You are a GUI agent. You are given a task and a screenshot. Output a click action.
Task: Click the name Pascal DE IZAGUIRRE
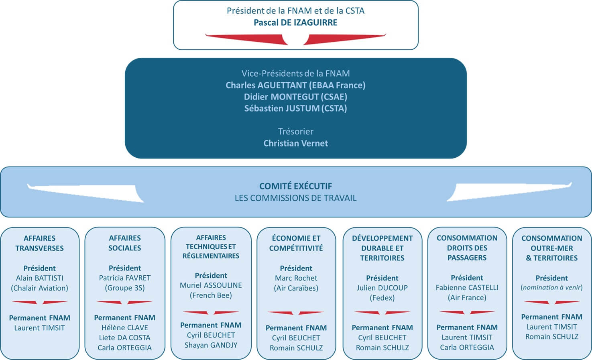pyautogui.click(x=295, y=22)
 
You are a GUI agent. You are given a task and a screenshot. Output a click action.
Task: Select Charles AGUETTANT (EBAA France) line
pyautogui.click(x=295, y=85)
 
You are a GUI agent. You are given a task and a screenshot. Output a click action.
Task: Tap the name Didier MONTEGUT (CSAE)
pyautogui.click(x=295, y=97)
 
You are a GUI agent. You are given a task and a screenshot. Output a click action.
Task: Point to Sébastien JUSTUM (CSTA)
pyautogui.click(x=295, y=108)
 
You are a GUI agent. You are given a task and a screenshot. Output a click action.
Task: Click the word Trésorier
pyautogui.click(x=295, y=131)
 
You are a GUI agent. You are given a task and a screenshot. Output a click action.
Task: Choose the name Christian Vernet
pyautogui.click(x=295, y=143)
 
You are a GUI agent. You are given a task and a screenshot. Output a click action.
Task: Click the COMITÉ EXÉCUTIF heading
pyautogui.click(x=295, y=186)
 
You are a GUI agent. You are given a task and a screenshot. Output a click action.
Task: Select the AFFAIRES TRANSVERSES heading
pyautogui.click(x=39, y=243)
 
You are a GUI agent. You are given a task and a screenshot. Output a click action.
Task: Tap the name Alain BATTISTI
pyautogui.click(x=39, y=278)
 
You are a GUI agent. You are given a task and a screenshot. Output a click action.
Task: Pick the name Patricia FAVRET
pyautogui.click(x=125, y=278)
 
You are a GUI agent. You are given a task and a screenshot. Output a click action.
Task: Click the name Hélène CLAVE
pyautogui.click(x=125, y=328)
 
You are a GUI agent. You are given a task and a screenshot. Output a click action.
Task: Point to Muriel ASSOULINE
pyautogui.click(x=211, y=285)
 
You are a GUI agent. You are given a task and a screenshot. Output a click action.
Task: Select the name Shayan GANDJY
pyautogui.click(x=211, y=345)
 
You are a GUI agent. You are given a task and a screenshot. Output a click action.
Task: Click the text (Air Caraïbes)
pyautogui.click(x=296, y=288)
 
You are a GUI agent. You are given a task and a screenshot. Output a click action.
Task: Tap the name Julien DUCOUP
pyautogui.click(x=382, y=288)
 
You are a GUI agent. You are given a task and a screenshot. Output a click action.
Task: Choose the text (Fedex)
pyautogui.click(x=382, y=298)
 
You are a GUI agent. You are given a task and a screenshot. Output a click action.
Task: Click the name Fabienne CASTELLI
pyautogui.click(x=467, y=288)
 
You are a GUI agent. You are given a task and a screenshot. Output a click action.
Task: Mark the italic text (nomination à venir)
pyautogui.click(x=551, y=287)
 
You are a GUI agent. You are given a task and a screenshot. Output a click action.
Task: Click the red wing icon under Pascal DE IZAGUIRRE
pyautogui.click(x=295, y=39)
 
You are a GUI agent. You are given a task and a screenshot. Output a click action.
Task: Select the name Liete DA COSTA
pyautogui.click(x=125, y=338)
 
